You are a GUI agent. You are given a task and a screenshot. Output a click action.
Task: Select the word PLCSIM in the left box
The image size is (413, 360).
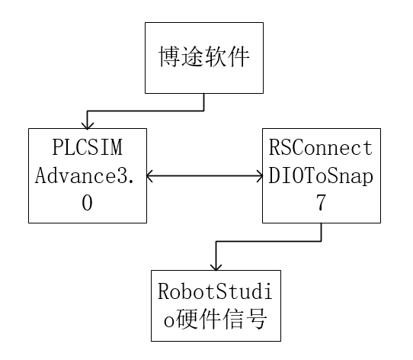[87, 147]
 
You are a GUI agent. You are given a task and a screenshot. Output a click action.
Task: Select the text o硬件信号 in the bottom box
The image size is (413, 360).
[211, 317]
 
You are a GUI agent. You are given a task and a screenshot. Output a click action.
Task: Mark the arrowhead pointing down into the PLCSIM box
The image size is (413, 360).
[87, 124]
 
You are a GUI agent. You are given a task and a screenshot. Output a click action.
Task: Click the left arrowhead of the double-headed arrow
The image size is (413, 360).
[149, 176]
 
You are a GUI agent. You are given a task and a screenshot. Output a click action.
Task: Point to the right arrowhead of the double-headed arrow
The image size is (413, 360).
[259, 176]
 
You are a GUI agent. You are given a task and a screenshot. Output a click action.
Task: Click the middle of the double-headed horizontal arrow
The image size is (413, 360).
[204, 176]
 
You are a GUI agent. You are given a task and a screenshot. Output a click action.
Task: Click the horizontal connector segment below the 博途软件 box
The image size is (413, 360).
[146, 111]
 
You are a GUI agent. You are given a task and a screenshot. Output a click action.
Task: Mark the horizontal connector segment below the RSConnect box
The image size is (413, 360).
[268, 243]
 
